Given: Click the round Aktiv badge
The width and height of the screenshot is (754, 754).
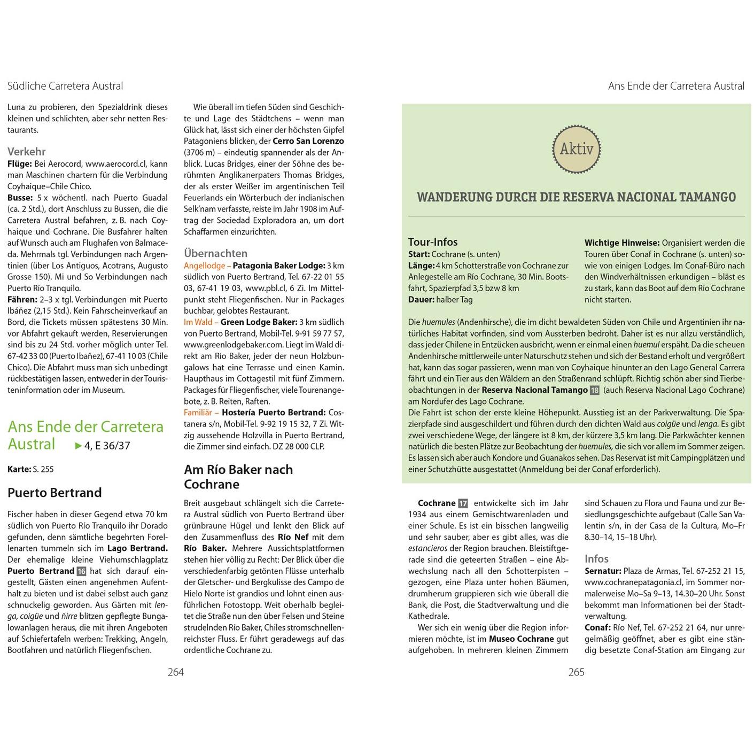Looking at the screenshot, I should (576, 149).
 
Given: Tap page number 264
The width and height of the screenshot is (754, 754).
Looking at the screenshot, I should (175, 672).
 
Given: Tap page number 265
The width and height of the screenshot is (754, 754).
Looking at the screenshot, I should (576, 672).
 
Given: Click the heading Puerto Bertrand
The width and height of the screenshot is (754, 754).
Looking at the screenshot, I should (55, 493).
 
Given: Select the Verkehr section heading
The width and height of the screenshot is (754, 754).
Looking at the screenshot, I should (27, 151).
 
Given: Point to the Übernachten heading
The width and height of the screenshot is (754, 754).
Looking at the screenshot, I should (215, 253).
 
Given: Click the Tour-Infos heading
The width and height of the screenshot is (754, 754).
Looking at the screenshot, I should (433, 242).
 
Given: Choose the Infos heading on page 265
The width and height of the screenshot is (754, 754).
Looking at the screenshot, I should (596, 558).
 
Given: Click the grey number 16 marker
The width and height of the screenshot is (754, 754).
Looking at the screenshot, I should (81, 571).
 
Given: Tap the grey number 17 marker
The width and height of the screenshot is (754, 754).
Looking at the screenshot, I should (463, 503).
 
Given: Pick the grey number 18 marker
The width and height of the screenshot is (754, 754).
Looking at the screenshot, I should (594, 390).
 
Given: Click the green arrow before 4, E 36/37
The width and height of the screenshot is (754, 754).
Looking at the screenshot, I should (79, 445).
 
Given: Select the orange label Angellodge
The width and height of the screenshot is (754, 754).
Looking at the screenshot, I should (205, 266).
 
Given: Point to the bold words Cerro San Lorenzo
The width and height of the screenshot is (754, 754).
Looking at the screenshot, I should (308, 141).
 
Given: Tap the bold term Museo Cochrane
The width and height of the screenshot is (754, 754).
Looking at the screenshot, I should (521, 639).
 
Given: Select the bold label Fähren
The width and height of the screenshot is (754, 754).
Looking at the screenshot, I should (22, 299).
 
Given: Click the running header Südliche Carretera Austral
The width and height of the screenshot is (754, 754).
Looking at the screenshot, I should (65, 86).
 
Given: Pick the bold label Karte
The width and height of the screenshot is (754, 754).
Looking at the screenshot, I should (19, 469).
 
